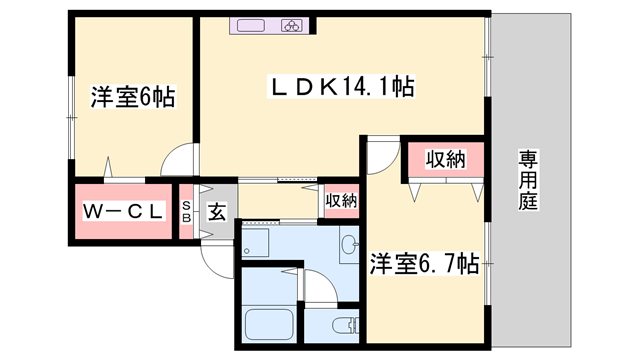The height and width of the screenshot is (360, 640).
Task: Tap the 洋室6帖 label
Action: (x=133, y=97)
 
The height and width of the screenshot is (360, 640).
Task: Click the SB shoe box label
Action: (x=186, y=211)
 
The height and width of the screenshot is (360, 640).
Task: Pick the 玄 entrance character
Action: (x=217, y=211)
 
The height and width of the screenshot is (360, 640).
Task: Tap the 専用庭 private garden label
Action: (x=527, y=180)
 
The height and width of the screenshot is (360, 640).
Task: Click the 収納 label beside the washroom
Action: (x=341, y=200)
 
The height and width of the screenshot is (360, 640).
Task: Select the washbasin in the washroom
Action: (x=348, y=243)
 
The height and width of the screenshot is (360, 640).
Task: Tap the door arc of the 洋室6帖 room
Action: (x=181, y=160)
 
